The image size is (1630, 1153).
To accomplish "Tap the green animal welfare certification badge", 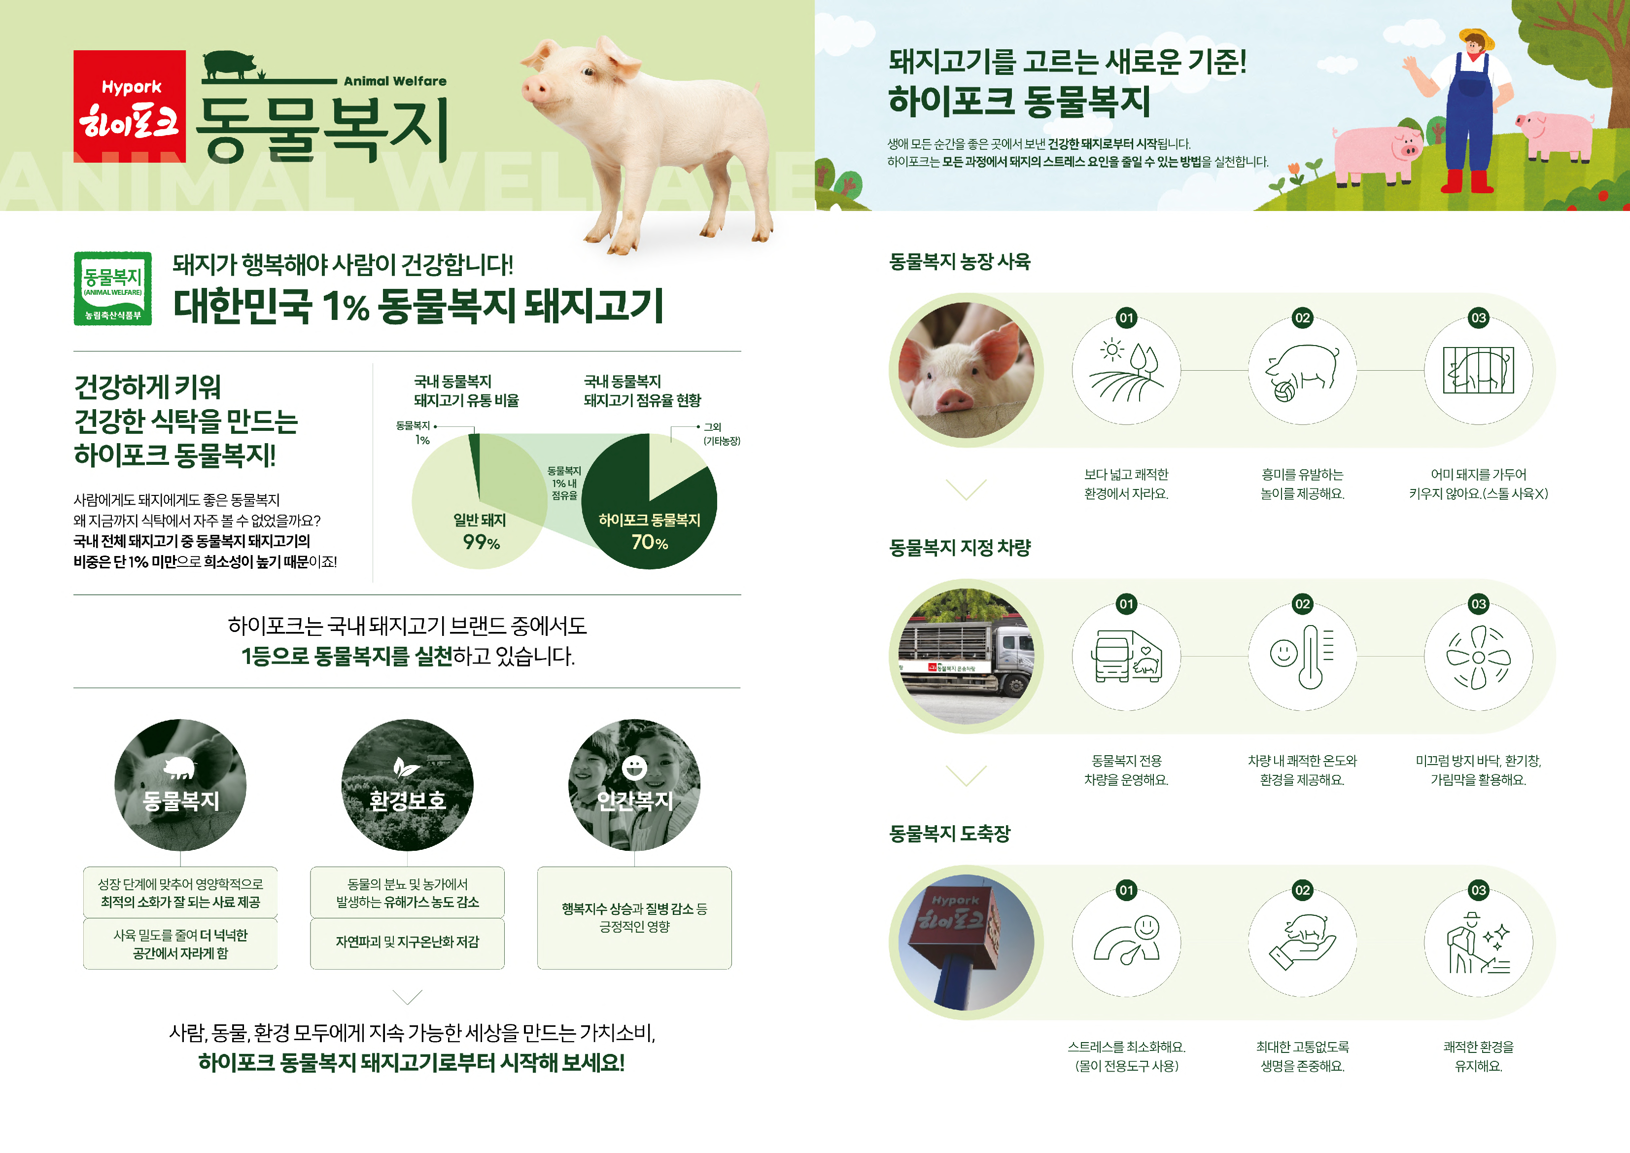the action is coord(113,288).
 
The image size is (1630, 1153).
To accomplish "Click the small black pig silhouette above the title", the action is coord(229,64).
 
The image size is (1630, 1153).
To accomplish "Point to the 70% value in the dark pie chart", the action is coord(650,542).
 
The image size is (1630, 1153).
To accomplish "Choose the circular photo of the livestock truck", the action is coord(966,657).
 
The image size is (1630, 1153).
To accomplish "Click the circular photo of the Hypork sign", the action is coord(966,942).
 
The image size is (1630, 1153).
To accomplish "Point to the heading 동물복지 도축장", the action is coord(949,834).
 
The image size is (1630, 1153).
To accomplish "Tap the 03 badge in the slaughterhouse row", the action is coord(1478,890).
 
